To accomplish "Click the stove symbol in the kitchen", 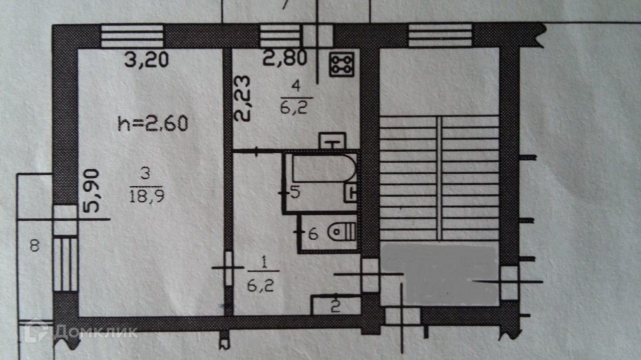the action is tap(342, 64).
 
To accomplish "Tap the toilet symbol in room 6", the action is tap(343, 232).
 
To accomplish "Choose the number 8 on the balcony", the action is tap(34, 246).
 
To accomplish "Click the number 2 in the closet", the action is tap(335, 305).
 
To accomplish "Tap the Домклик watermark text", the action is tap(95, 332).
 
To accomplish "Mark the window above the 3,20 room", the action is tap(133, 36).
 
